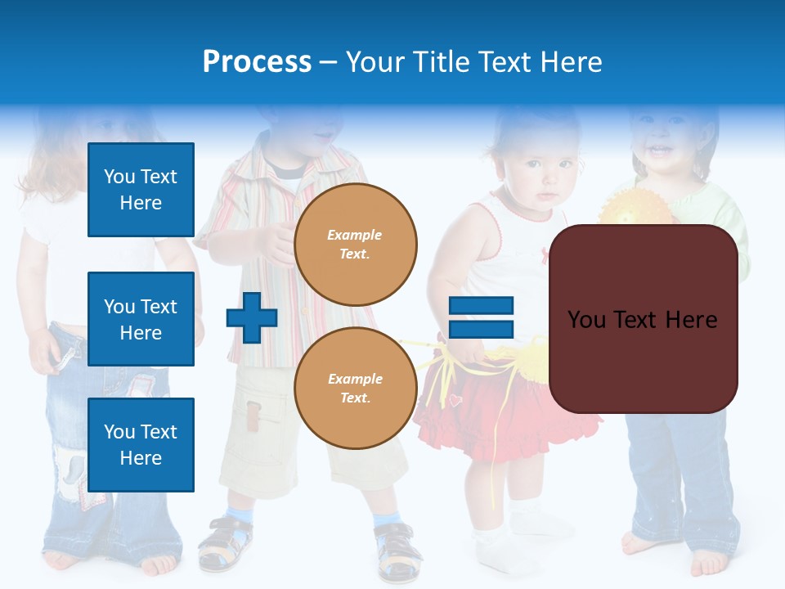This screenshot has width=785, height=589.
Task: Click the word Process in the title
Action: (x=257, y=62)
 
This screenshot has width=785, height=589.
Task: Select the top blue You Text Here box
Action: (x=141, y=190)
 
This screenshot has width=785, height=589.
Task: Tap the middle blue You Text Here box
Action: (x=141, y=319)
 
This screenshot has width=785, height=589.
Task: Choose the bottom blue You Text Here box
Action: (x=141, y=445)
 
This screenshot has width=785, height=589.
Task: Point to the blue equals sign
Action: (x=482, y=318)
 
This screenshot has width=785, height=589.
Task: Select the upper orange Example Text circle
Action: (x=356, y=244)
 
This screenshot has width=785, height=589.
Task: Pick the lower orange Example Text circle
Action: (x=356, y=388)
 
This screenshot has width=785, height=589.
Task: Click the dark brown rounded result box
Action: (x=644, y=319)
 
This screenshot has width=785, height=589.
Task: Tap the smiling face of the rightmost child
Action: (x=659, y=144)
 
